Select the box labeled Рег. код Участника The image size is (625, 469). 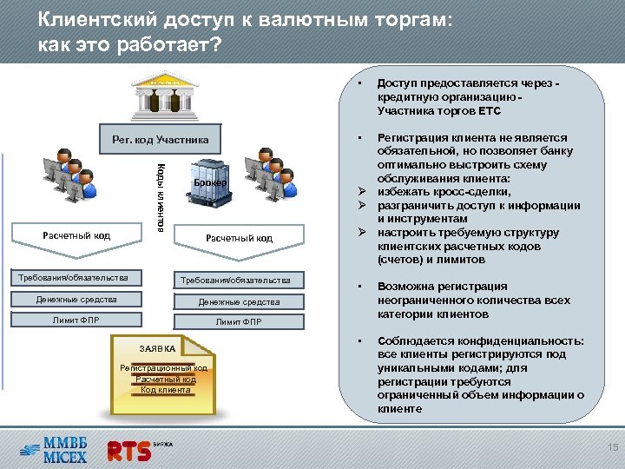pyautogui.click(x=161, y=139)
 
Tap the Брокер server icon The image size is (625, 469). pyautogui.click(x=209, y=183)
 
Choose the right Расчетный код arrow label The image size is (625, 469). pyautogui.click(x=239, y=238)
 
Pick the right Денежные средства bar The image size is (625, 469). pyautogui.click(x=239, y=301)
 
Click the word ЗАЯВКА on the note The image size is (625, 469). pyautogui.click(x=158, y=349)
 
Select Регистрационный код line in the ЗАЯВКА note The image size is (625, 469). pyautogui.click(x=163, y=369)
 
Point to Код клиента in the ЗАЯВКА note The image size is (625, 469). pyautogui.click(x=166, y=389)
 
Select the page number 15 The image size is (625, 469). pyautogui.click(x=612, y=447)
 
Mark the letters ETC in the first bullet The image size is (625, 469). pyautogui.click(x=489, y=111)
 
